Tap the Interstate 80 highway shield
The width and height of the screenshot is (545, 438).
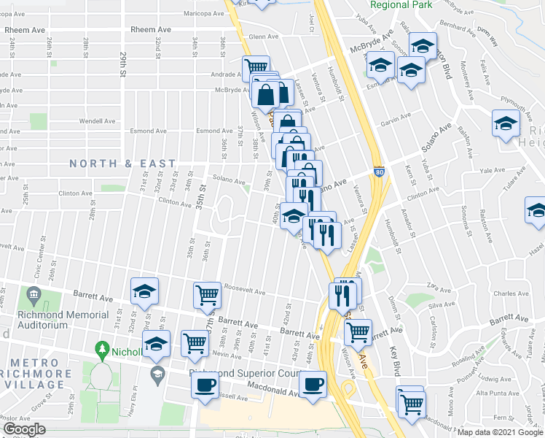379,172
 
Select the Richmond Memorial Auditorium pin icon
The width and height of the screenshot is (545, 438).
33,296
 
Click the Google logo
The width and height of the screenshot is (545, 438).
24,429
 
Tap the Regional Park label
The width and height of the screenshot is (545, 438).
401,4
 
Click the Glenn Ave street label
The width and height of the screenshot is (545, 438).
264,36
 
